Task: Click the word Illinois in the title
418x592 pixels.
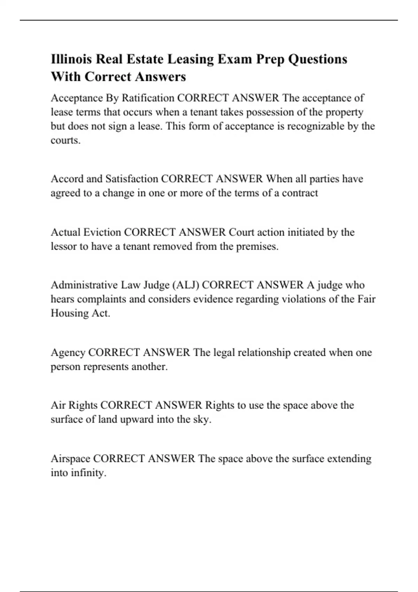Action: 71,59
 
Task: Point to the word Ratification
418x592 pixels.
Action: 148,98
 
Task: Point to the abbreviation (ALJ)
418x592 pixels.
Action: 186,285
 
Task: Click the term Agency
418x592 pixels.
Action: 68,353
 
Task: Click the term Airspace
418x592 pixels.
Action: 70,459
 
